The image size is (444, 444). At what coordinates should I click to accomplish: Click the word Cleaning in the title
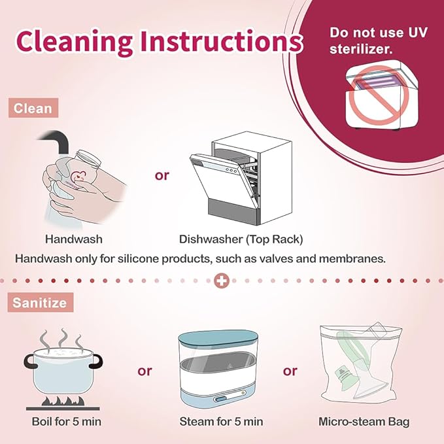pos(74,41)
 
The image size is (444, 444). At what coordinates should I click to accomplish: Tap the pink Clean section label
pos(33,108)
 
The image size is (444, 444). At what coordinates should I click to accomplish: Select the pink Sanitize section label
pos(40,302)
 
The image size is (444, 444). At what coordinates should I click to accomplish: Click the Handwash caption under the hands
pos(74,239)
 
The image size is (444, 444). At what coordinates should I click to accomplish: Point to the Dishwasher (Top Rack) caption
pos(241,239)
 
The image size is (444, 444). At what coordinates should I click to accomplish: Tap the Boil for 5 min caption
pos(67,422)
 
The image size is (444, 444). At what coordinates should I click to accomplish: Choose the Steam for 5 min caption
pos(221,422)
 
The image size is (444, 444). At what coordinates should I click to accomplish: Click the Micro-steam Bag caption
pos(364,422)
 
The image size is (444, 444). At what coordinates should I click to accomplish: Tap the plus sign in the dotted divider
pos(222,281)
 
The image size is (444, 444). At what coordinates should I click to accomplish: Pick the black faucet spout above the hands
pos(55,140)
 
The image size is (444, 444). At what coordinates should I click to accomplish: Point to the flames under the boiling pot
pos(63,401)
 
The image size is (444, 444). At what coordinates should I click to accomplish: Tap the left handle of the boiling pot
pos(30,362)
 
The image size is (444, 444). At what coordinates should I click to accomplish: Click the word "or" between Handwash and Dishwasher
pos(162,175)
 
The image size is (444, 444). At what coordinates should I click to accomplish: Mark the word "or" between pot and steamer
pos(145,371)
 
